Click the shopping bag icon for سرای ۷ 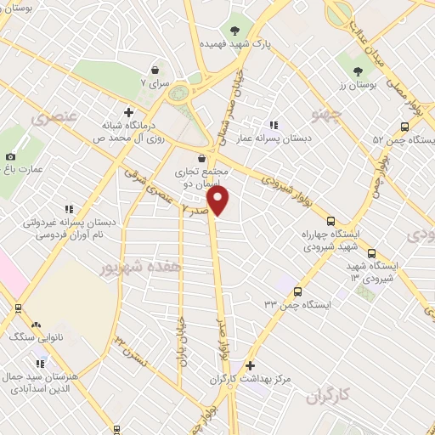(155, 71)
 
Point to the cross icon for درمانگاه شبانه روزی (127, 111)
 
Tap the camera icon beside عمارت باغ (10, 156)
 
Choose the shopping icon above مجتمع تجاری (201, 157)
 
